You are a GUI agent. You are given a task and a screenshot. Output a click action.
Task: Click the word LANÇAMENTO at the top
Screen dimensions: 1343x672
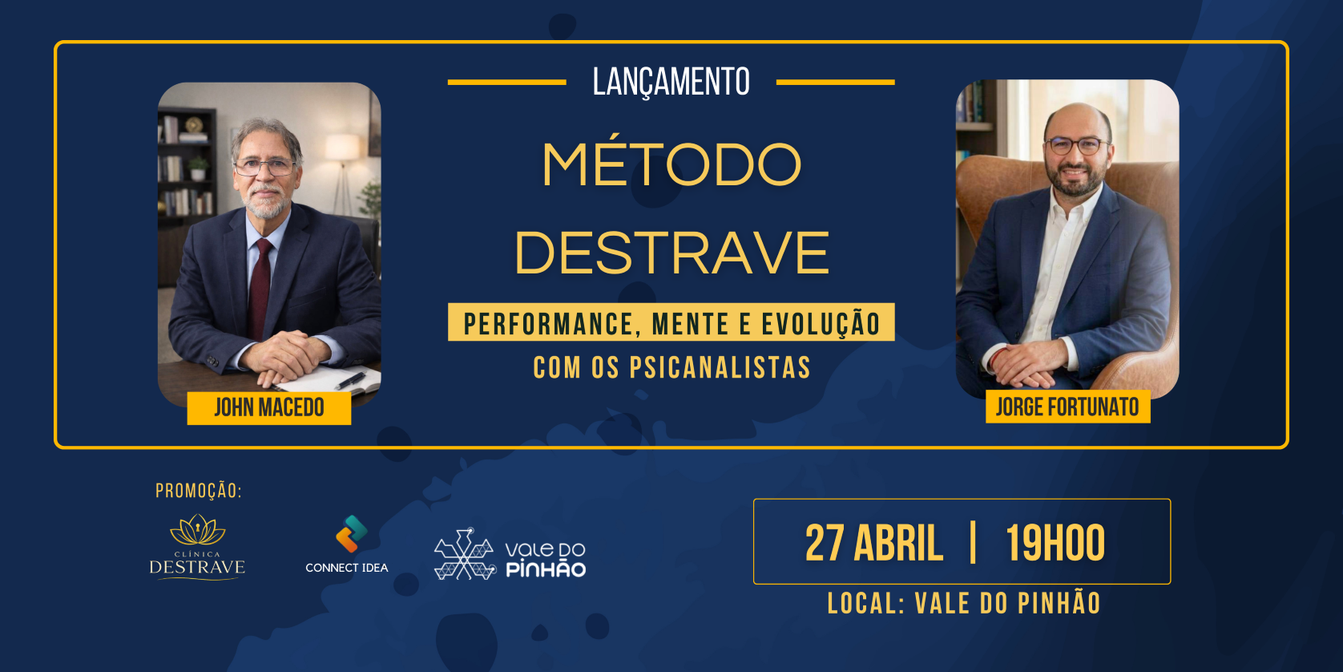click(x=671, y=83)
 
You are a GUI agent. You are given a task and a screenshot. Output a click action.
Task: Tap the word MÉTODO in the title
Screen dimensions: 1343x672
click(x=671, y=164)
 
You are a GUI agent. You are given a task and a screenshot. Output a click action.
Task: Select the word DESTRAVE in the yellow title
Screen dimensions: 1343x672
click(x=671, y=253)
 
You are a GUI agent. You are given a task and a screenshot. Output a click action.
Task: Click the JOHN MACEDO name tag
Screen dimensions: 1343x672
click(x=268, y=408)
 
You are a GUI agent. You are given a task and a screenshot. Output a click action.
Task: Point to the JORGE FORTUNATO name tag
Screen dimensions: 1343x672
click(x=1067, y=407)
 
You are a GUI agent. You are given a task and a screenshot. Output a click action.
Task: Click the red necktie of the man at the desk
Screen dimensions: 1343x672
click(x=260, y=288)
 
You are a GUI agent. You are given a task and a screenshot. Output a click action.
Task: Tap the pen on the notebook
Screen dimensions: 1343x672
click(x=350, y=380)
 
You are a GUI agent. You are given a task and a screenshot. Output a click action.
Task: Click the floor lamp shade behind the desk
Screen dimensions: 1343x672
click(x=341, y=147)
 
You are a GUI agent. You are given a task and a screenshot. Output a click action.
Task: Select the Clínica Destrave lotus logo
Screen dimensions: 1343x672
click(x=197, y=530)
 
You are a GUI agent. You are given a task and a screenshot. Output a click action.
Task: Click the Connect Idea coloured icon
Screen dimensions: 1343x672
click(x=351, y=534)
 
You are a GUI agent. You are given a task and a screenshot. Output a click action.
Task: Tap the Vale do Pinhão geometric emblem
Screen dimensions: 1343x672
click(x=465, y=554)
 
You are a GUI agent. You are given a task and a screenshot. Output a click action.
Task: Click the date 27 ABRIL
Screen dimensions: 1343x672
click(x=873, y=543)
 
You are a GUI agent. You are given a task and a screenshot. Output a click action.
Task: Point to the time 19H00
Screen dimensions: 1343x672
click(x=1055, y=543)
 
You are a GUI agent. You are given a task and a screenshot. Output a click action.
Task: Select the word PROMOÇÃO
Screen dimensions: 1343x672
click(x=199, y=491)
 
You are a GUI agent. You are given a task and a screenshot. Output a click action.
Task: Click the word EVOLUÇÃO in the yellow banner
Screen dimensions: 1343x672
click(x=821, y=324)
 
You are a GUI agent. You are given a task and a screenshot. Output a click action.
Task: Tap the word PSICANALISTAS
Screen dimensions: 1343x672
click(x=720, y=368)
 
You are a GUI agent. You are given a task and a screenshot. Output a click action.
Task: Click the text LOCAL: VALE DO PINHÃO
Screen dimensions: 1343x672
click(x=964, y=603)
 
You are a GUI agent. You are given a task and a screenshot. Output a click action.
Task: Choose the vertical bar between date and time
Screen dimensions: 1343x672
click(x=973, y=542)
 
